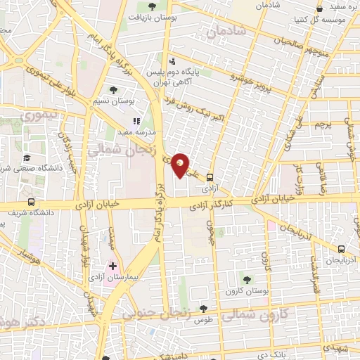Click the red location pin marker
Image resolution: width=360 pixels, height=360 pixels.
[x=181, y=165]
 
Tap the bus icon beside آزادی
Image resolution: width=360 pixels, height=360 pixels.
[x=209, y=178]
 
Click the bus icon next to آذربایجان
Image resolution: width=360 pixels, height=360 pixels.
[x=342, y=248]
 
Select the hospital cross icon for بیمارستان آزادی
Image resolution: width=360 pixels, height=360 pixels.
[x=112, y=266]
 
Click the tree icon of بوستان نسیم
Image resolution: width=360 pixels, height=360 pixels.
[x=114, y=90]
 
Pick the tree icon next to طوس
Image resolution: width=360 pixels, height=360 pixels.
[x=204, y=308]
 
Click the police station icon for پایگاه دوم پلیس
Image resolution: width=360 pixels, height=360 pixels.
[x=173, y=61]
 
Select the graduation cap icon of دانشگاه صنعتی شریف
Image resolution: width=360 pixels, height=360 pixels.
[x=27, y=157]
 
